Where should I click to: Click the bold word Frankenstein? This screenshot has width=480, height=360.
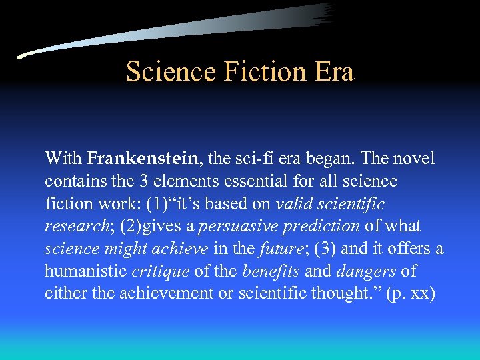coord(143,159)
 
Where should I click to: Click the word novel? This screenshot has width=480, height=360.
coord(413,159)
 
